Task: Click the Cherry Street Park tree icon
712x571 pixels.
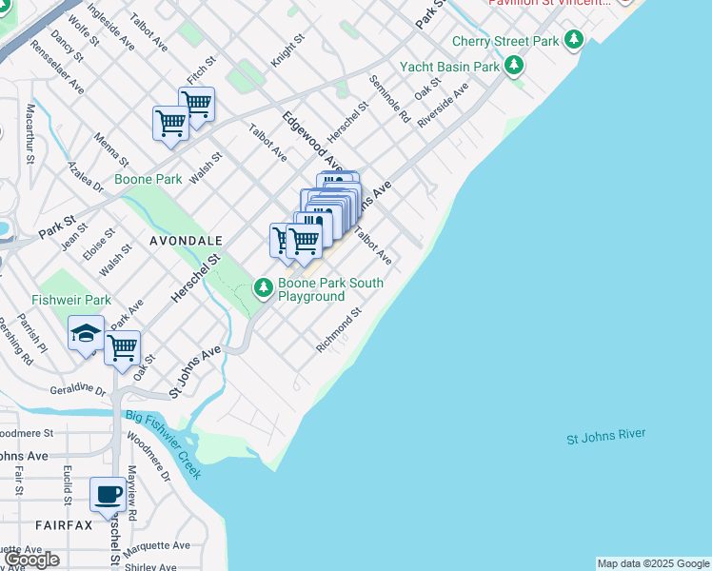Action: pyautogui.click(x=573, y=40)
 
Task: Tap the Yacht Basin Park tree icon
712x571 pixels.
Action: pyautogui.click(x=514, y=66)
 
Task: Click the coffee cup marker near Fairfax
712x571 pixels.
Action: pyautogui.click(x=107, y=496)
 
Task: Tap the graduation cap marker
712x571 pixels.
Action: pyautogui.click(x=86, y=335)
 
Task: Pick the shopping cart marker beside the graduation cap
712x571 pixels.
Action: pyautogui.click(x=123, y=348)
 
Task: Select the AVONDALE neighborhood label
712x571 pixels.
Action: pyautogui.click(x=186, y=242)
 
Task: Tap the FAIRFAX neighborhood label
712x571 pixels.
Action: pyautogui.click(x=64, y=525)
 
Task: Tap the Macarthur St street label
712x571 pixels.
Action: pyautogui.click(x=31, y=133)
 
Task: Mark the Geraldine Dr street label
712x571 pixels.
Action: pyautogui.click(x=78, y=389)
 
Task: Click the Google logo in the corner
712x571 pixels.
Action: pyautogui.click(x=31, y=560)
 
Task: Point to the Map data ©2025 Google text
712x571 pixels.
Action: pyautogui.click(x=652, y=563)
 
